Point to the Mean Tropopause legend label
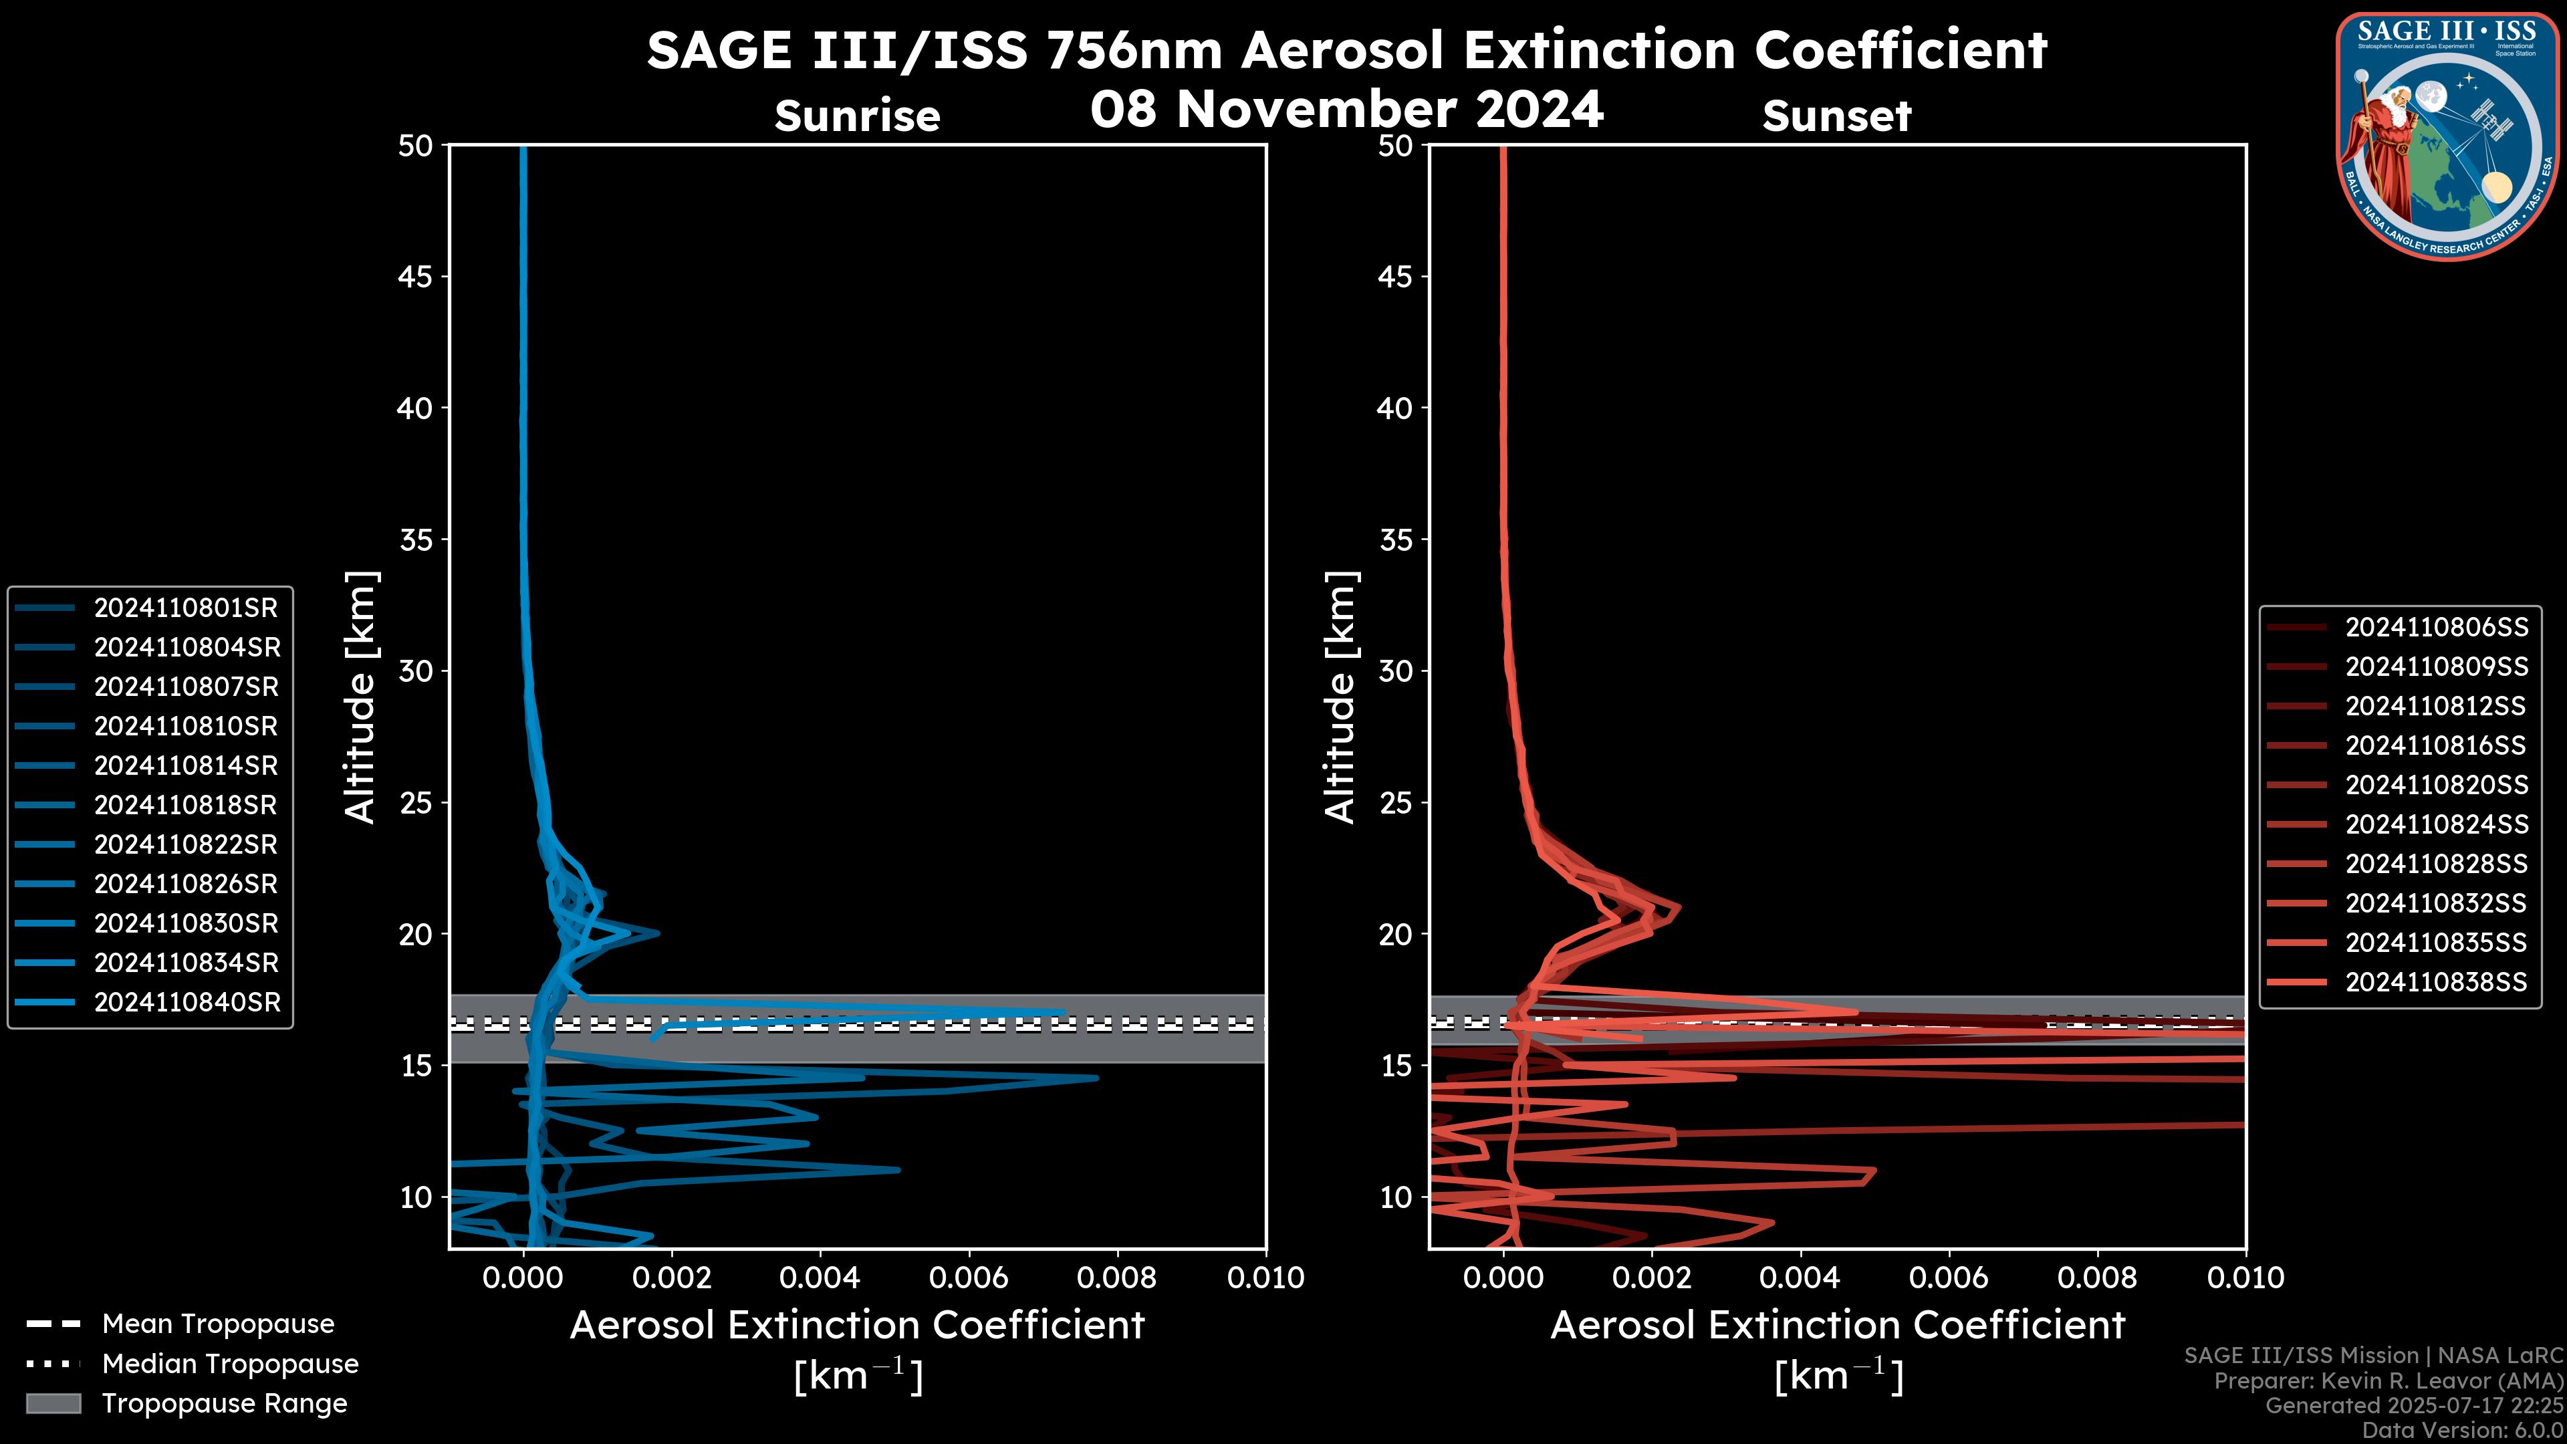pos(218,1324)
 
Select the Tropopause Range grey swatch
pos(53,1403)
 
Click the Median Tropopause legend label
pos(230,1363)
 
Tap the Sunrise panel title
pos(857,116)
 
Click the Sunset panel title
pos(1836,116)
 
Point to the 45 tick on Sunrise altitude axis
pos(416,276)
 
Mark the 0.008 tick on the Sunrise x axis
pos(1117,1278)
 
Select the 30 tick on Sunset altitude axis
pos(1396,671)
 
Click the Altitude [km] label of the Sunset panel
pos(1341,697)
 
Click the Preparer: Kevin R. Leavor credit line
pos(2388,1380)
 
